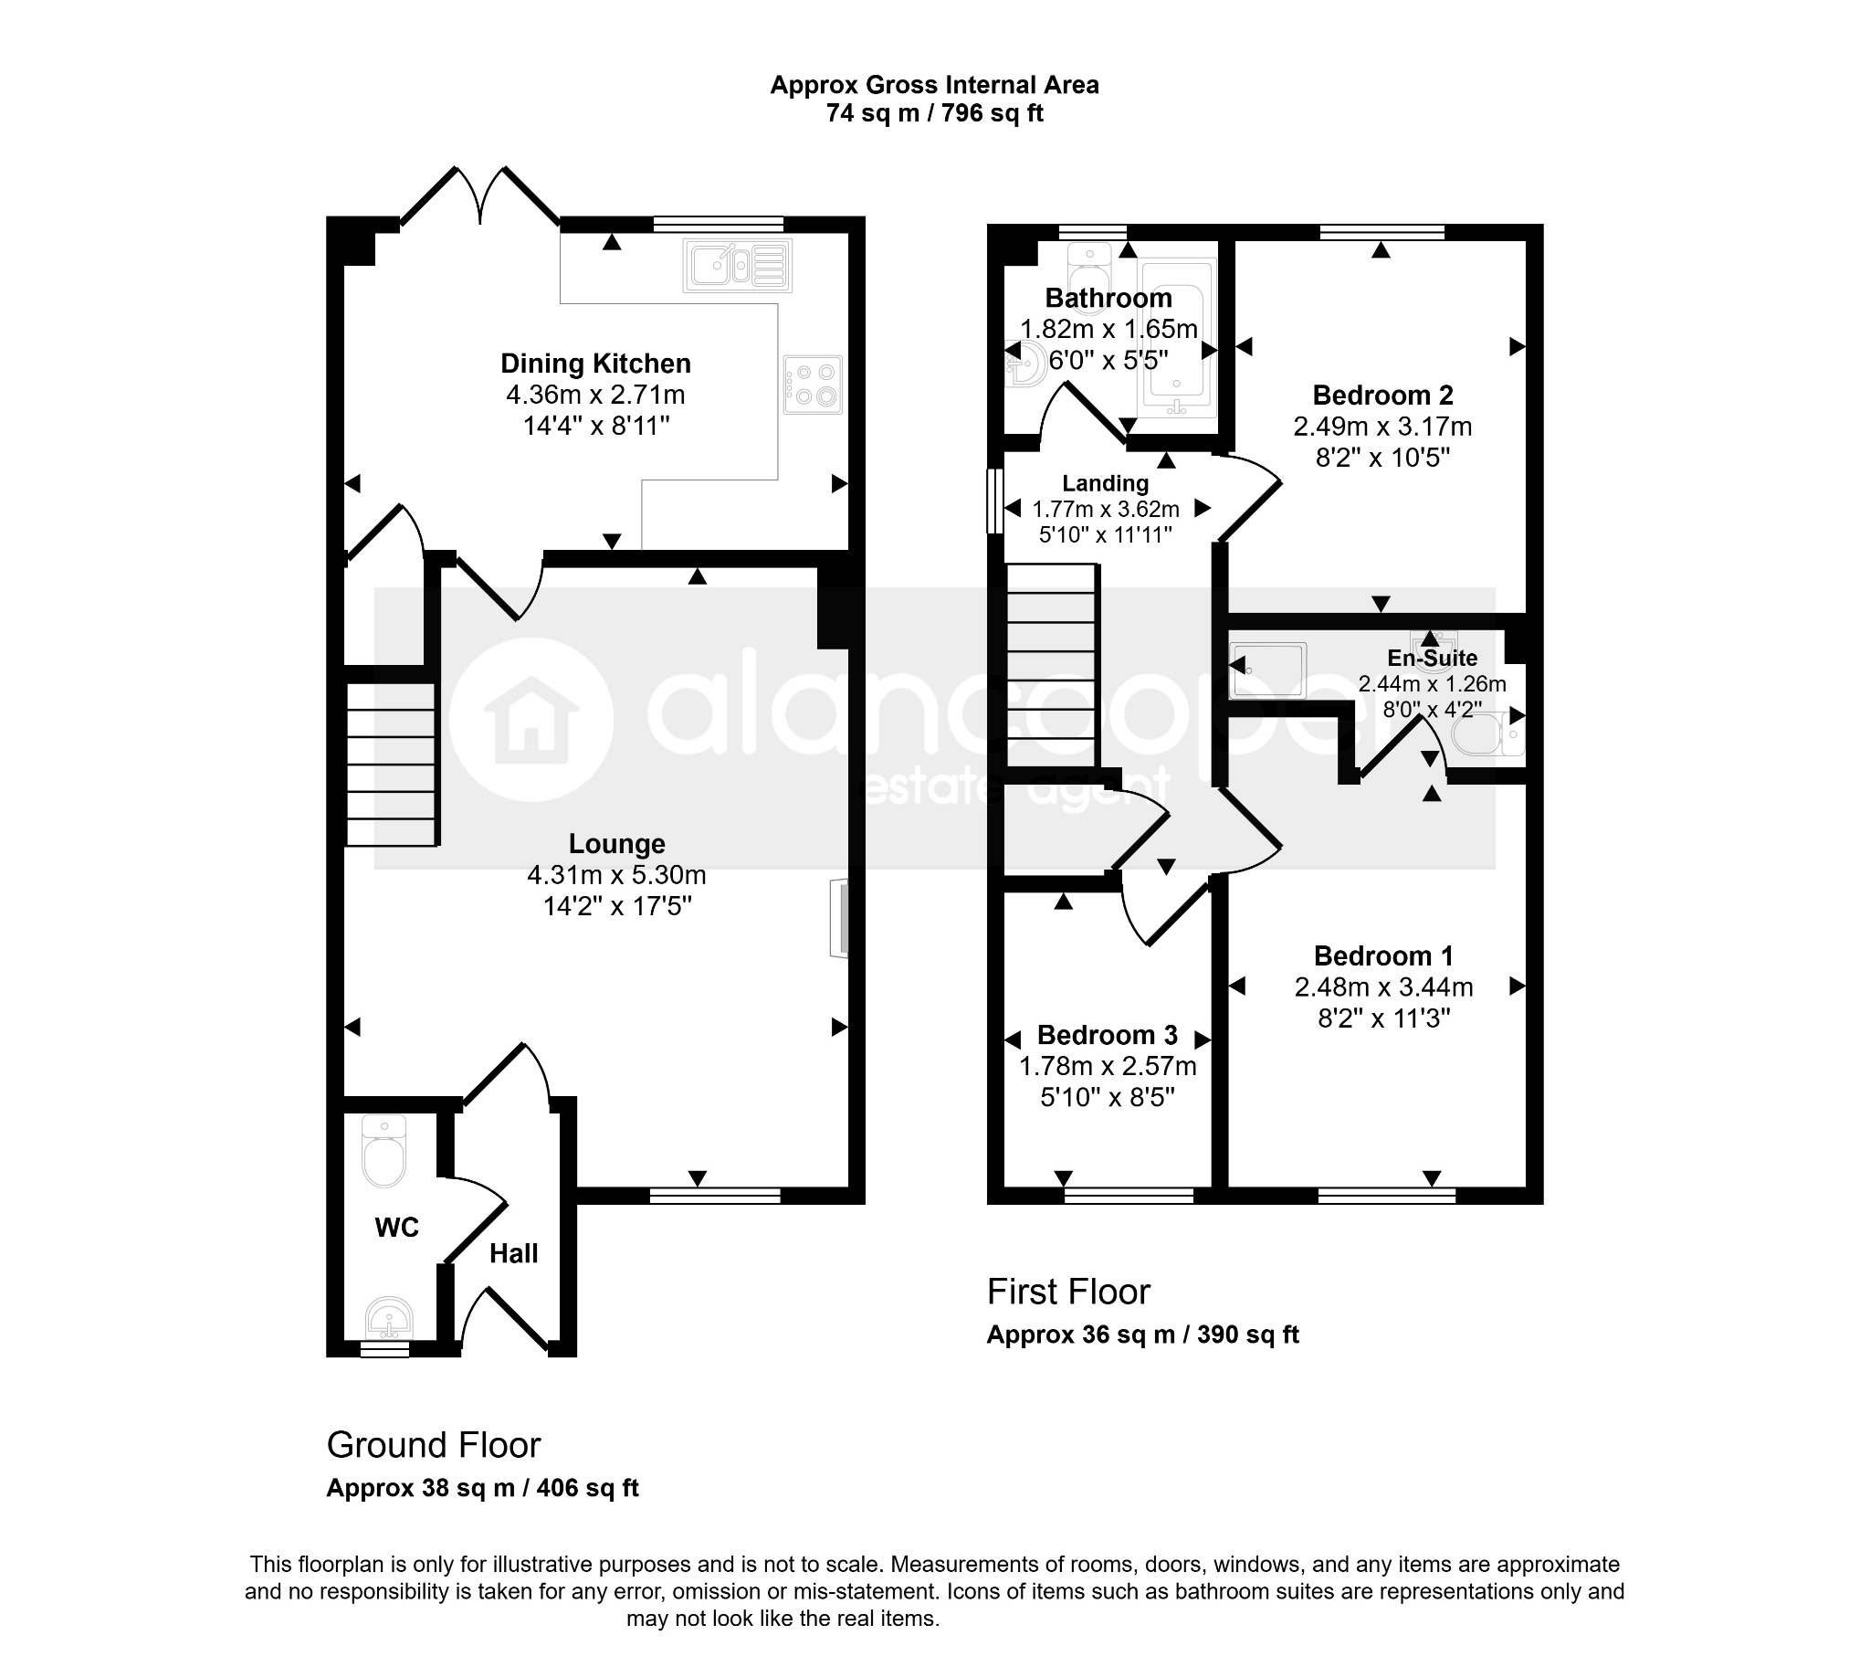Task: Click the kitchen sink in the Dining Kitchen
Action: (x=737, y=266)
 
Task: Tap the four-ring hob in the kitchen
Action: (x=814, y=385)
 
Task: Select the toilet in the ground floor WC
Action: (x=383, y=1150)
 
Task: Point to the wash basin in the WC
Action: (x=389, y=1320)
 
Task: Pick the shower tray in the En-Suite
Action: (x=1268, y=670)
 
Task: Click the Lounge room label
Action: (x=616, y=844)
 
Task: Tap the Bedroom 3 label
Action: (x=1108, y=1035)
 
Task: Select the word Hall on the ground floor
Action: (x=513, y=1254)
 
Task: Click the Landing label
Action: (x=1106, y=483)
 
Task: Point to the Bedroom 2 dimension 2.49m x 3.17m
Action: (x=1382, y=427)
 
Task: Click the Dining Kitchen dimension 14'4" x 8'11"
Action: (x=596, y=426)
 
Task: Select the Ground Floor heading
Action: (x=434, y=1445)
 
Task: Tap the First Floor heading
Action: (x=1067, y=1292)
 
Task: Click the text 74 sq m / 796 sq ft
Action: (x=935, y=113)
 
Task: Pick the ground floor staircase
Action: (x=391, y=765)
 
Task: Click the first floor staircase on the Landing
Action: (x=1051, y=665)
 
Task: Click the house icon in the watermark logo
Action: (x=531, y=720)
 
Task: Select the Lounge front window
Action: (x=715, y=1195)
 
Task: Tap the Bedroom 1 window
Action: (x=1386, y=1195)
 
